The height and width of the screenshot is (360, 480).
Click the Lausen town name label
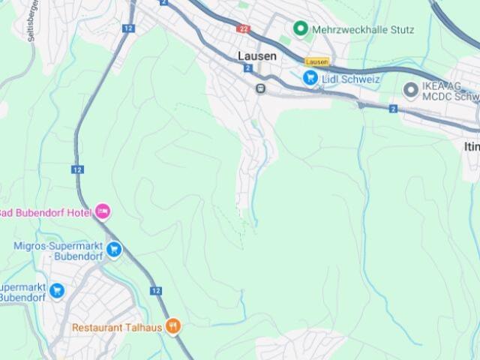[x=257, y=56]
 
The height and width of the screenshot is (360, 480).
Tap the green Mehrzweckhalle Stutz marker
[x=301, y=28]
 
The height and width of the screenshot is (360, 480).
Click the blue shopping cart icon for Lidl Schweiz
[x=310, y=77]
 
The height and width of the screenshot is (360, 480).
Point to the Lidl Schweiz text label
[x=351, y=79]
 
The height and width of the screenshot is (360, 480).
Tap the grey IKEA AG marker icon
[x=410, y=91]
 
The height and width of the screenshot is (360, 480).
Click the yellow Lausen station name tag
[x=317, y=62]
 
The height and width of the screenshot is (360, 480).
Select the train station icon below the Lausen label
[x=260, y=88]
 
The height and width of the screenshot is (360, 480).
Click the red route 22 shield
[x=242, y=28]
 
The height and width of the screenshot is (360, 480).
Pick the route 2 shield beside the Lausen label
[x=247, y=68]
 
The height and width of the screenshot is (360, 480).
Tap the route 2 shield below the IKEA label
[x=393, y=109]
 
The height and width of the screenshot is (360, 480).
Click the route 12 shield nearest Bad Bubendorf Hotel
[x=78, y=169]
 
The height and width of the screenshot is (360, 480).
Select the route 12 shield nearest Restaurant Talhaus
[x=156, y=290]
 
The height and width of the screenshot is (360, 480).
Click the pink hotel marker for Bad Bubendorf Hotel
[x=103, y=212]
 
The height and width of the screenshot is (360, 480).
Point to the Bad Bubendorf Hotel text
[x=46, y=212]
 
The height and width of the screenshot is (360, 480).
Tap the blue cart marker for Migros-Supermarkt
[x=113, y=249]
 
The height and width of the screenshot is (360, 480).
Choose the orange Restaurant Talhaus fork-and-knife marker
[x=173, y=326]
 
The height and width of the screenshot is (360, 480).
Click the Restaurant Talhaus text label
[x=117, y=328]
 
